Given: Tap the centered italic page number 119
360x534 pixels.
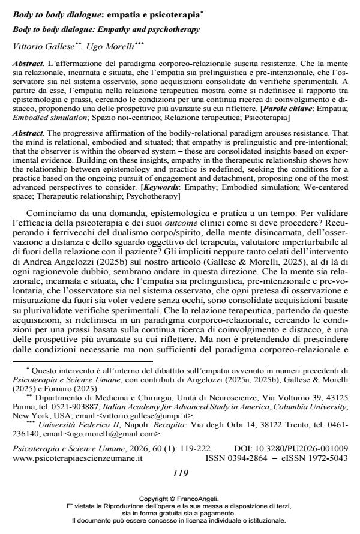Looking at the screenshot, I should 180,473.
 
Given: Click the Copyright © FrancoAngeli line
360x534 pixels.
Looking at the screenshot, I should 179,498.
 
